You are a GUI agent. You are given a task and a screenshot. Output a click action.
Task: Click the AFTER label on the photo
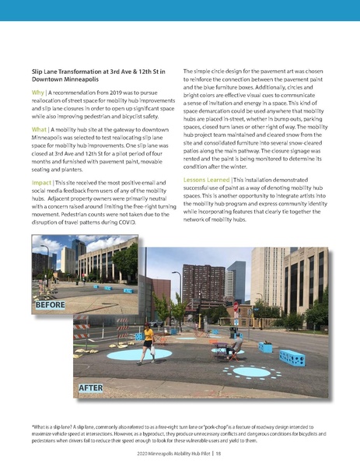95,387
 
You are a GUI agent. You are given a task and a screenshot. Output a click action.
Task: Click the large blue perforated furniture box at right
292,359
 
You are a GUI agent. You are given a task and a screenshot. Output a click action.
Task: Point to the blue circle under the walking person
129,355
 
